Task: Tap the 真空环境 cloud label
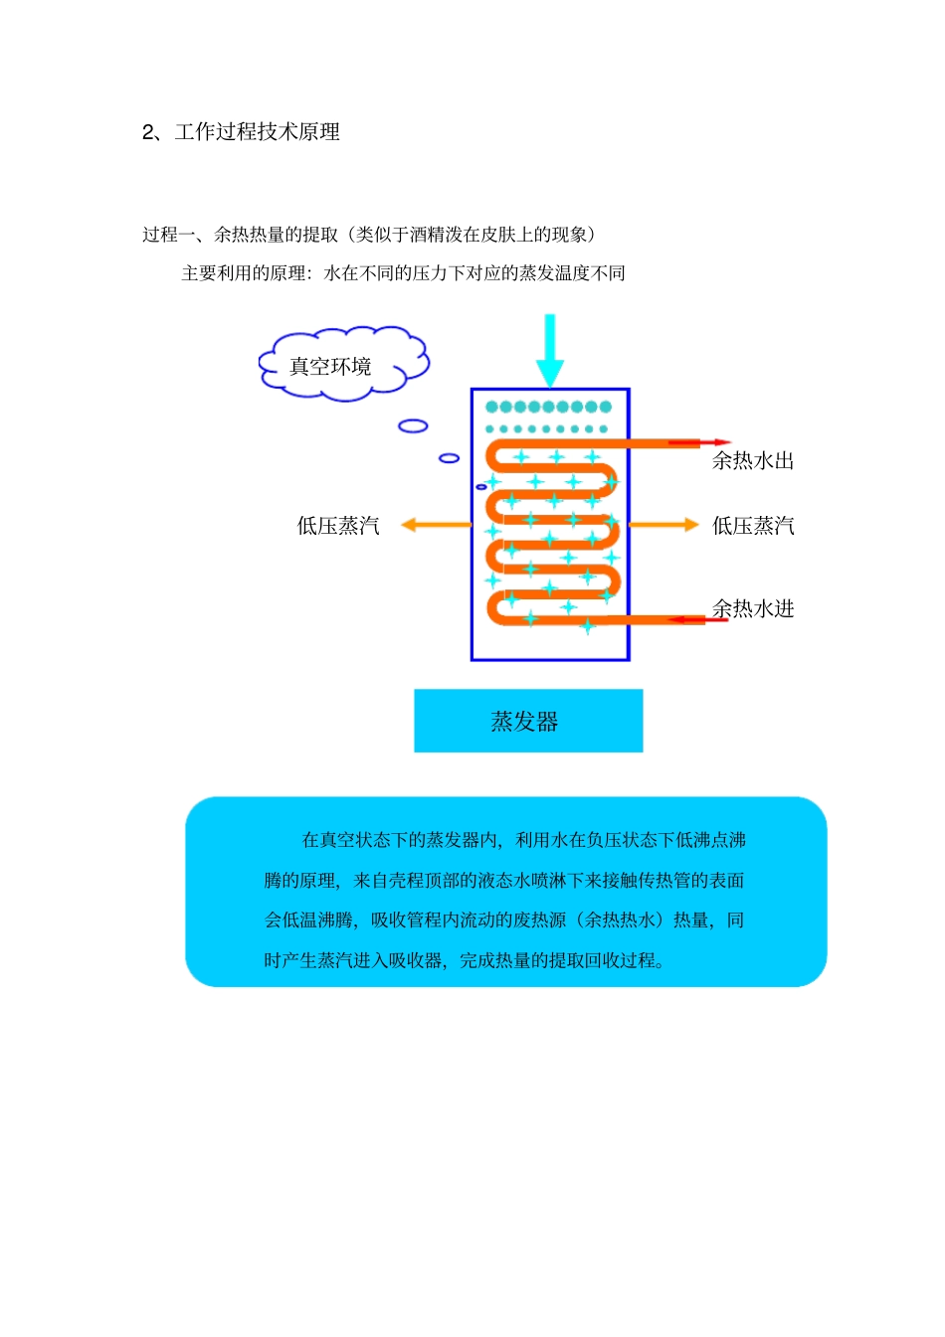(x=330, y=367)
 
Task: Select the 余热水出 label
(x=753, y=460)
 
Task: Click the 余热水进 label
(x=753, y=608)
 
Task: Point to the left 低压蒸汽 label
(x=338, y=526)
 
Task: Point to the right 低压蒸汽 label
(x=753, y=526)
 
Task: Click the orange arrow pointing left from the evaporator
(x=436, y=525)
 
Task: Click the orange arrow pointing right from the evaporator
(x=664, y=524)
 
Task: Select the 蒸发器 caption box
(x=528, y=721)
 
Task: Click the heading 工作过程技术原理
(x=258, y=132)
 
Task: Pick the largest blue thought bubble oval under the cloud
(x=413, y=425)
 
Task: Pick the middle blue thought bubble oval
(x=449, y=458)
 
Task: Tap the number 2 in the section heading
(x=148, y=132)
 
